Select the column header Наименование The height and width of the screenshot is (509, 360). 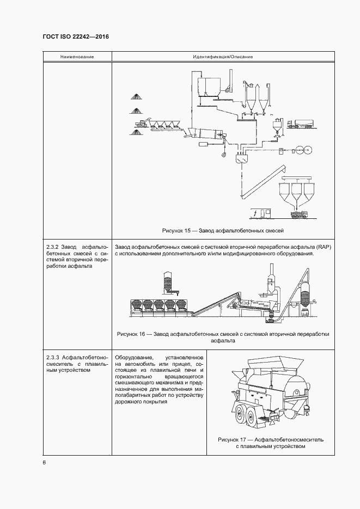tap(77, 57)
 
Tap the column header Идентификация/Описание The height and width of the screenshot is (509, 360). tap(222, 57)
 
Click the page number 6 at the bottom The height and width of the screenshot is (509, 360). tap(44, 462)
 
